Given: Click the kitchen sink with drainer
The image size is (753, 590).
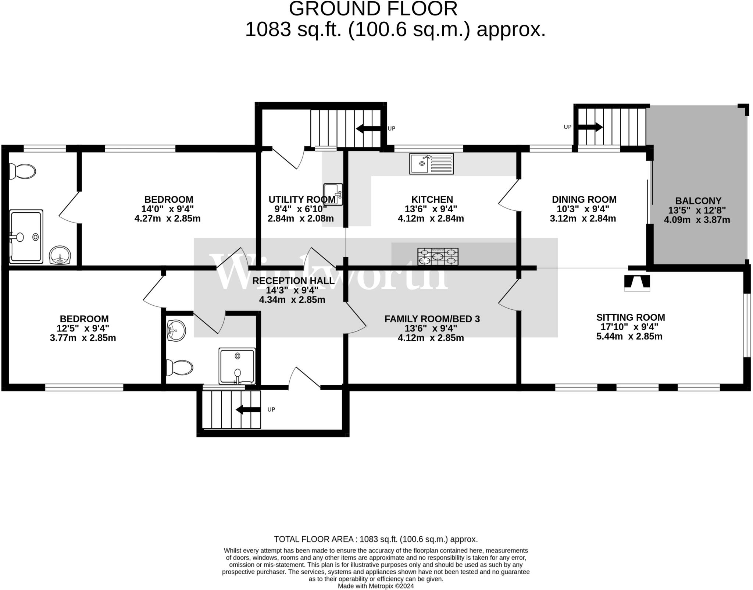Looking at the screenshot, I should [431, 164].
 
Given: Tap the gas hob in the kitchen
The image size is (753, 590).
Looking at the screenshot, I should [438, 256].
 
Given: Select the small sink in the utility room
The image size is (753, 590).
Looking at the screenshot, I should [333, 194].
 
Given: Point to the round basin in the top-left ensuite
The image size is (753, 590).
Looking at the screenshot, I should [60, 255].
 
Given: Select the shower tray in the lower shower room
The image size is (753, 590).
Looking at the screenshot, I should [237, 366].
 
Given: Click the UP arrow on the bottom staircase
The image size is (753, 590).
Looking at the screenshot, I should [248, 409].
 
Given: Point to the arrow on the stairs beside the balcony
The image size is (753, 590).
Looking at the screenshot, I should [590, 127].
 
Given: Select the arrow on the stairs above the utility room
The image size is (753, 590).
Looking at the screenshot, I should [369, 129].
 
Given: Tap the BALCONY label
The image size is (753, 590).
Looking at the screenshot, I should [698, 201].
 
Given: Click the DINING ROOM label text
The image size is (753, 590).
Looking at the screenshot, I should [584, 199].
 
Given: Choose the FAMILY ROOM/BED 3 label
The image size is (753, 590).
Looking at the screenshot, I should [432, 319].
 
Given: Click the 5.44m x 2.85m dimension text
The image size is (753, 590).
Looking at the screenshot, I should [629, 336].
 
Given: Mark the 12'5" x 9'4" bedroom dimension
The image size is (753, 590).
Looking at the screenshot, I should [83, 328].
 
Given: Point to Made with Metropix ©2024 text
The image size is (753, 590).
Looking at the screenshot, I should [375, 586].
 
